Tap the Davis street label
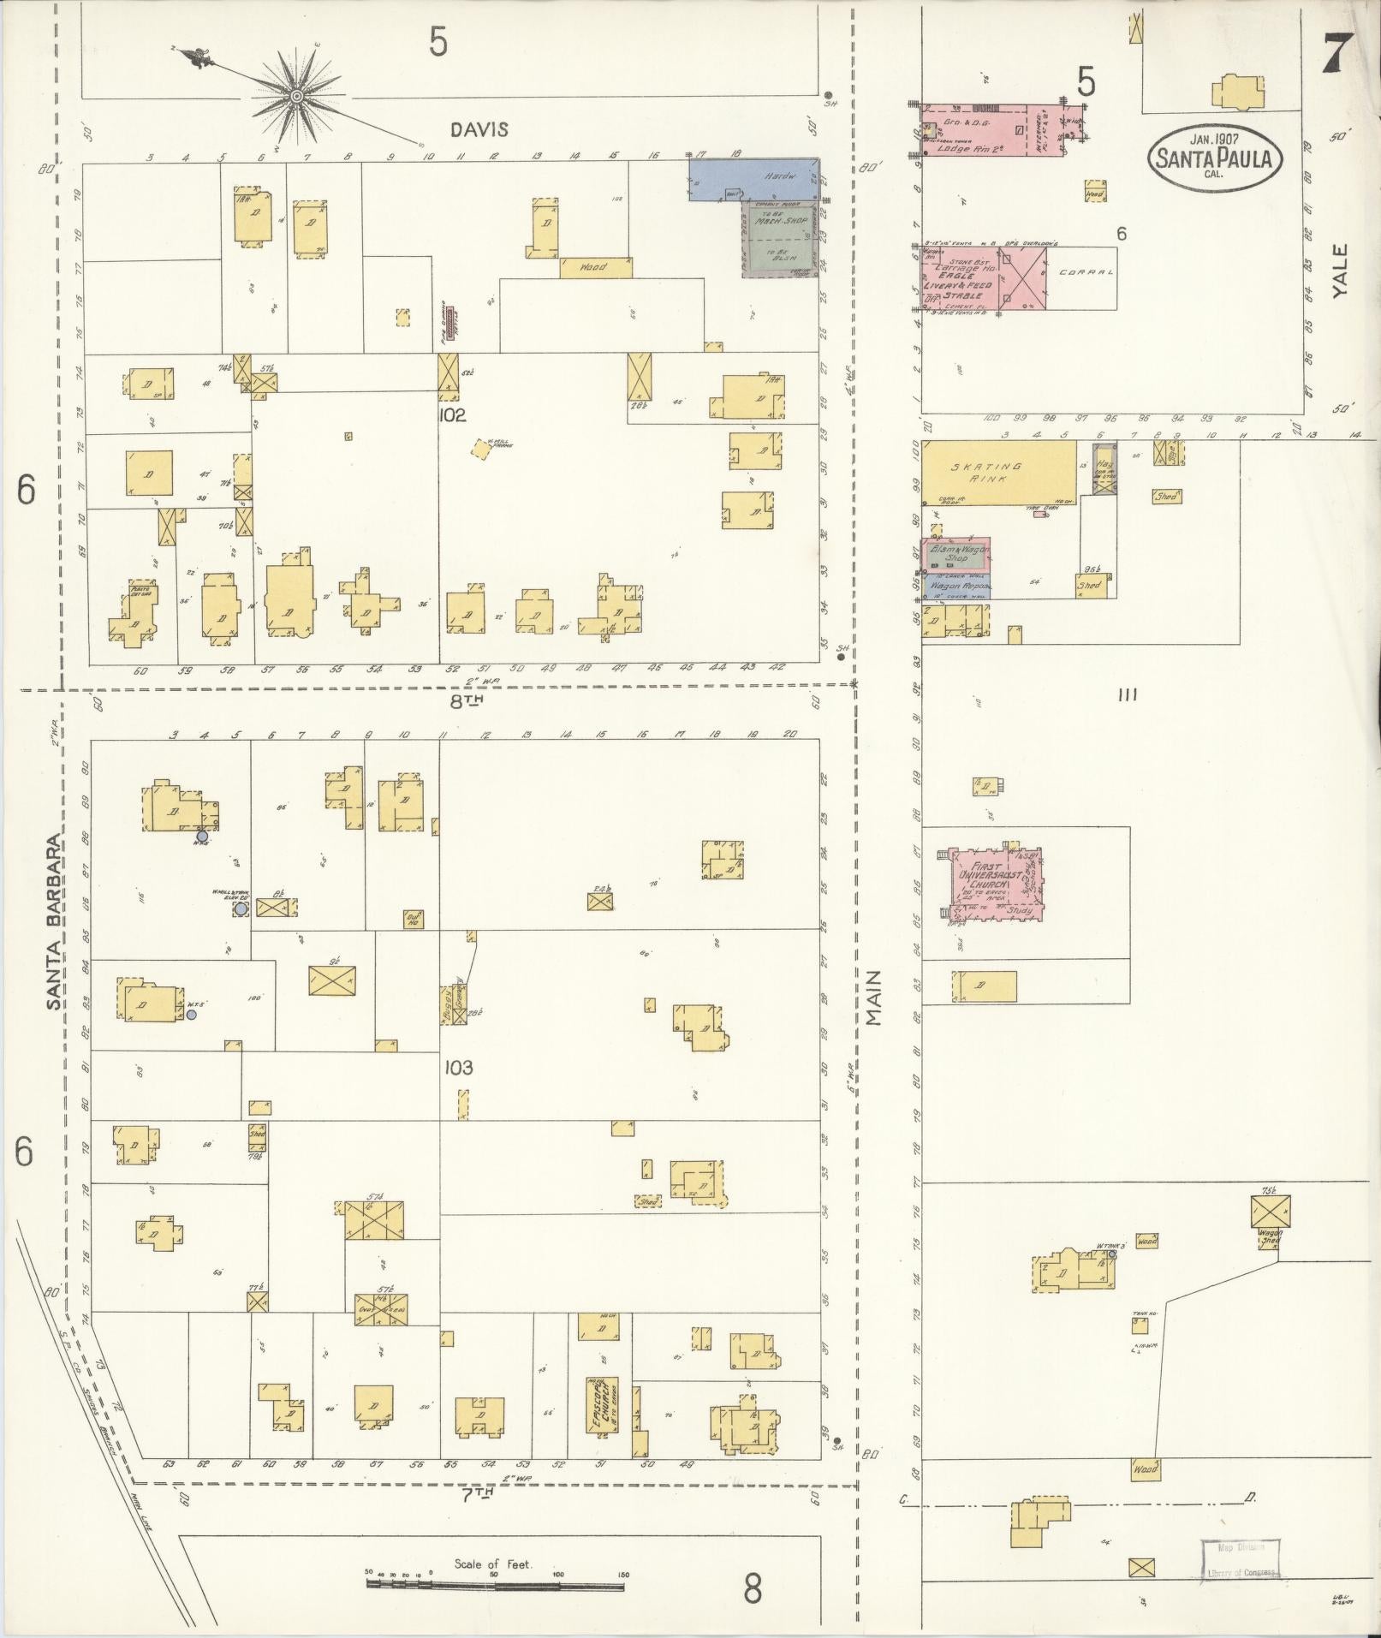[479, 129]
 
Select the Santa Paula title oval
[1215, 156]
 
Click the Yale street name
[1340, 271]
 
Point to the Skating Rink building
[998, 473]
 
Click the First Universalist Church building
[994, 885]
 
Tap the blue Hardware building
[753, 179]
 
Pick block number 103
[459, 1068]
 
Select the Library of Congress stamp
[1240, 1559]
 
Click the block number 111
[1127, 695]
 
